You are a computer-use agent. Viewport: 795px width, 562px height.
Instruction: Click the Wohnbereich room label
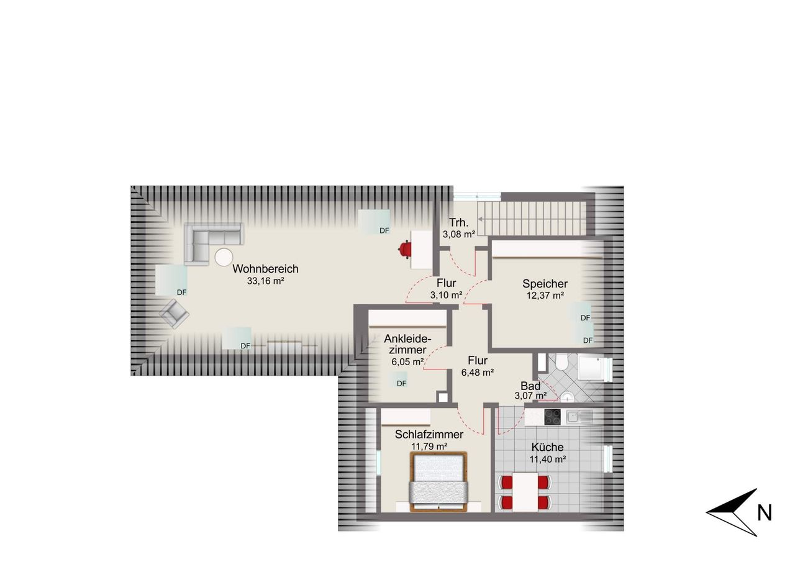(265, 269)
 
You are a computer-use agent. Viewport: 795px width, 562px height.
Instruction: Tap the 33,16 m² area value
(265, 281)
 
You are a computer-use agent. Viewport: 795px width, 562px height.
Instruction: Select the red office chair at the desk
(404, 248)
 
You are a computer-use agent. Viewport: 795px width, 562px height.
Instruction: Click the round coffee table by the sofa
(224, 257)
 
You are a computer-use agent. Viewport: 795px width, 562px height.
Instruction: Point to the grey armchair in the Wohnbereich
(174, 314)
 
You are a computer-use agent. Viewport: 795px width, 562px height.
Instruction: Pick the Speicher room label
(545, 283)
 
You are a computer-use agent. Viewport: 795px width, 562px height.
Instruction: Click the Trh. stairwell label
(458, 222)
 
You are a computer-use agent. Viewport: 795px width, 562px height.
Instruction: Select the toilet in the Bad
(562, 361)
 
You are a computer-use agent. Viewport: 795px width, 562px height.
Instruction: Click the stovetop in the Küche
(552, 417)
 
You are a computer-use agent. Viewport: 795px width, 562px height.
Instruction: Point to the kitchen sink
(579, 417)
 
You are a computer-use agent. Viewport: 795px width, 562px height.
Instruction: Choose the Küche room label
(547, 447)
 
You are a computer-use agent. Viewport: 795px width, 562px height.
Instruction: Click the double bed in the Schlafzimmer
(438, 481)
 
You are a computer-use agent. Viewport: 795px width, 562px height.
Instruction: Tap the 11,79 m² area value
(429, 446)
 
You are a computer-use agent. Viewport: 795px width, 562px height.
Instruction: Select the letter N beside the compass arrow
(765, 513)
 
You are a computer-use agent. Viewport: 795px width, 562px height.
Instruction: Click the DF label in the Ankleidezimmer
(401, 383)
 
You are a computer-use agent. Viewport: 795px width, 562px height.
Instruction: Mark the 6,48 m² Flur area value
(478, 373)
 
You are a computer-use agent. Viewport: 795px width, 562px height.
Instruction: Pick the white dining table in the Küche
(525, 492)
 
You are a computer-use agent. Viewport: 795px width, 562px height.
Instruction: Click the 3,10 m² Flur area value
(446, 295)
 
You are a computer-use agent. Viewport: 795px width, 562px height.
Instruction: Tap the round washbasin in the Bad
(567, 397)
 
